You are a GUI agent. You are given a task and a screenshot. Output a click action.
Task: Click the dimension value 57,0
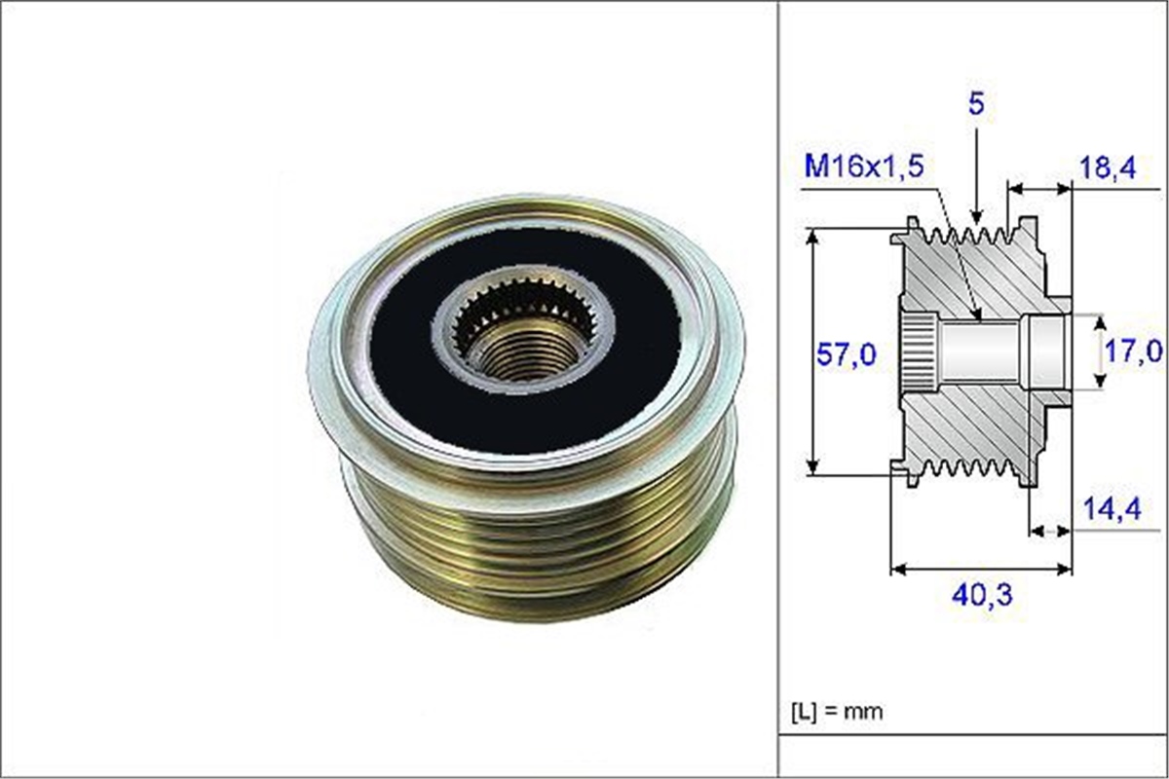point(846,355)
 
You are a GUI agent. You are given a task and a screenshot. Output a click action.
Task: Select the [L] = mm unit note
point(836,711)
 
